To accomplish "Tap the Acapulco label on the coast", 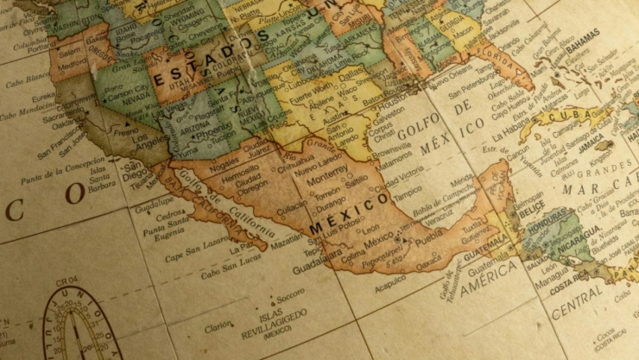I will (390, 278).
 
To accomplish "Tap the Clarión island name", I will (218, 327).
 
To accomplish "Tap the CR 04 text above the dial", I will (68, 280).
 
